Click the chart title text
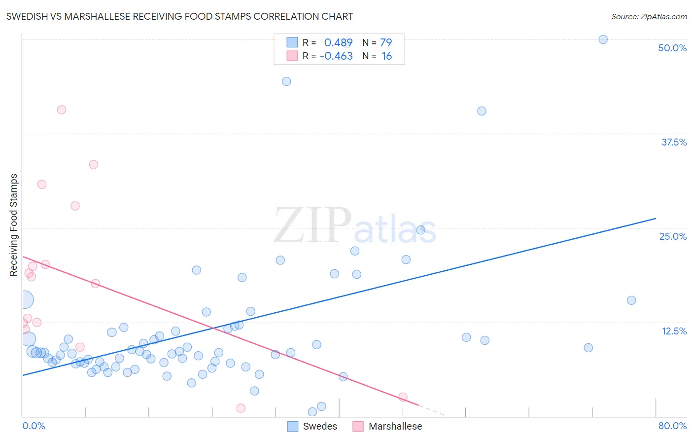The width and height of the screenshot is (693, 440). (x=179, y=16)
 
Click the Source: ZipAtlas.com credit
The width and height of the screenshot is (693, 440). (x=649, y=16)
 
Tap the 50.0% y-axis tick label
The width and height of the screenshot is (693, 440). (x=672, y=48)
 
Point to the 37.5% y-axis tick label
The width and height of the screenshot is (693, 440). (x=673, y=142)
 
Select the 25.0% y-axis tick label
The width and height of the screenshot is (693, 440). (x=672, y=236)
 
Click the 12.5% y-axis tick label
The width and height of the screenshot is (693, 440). (x=674, y=331)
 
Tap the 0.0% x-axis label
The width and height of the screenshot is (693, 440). (x=34, y=426)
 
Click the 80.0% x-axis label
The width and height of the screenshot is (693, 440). (x=672, y=426)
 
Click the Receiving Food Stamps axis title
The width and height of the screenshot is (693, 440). (x=14, y=225)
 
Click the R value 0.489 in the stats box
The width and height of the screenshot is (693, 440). (x=338, y=43)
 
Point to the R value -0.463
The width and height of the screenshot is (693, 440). (x=336, y=56)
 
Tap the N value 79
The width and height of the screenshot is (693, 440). (x=386, y=43)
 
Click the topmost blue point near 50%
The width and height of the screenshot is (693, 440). (x=603, y=39)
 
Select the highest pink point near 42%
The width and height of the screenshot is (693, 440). (x=62, y=110)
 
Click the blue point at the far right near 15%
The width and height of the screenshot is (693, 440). (x=631, y=300)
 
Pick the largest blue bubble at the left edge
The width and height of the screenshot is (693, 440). (x=25, y=299)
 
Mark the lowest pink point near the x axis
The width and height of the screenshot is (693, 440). (x=241, y=408)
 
